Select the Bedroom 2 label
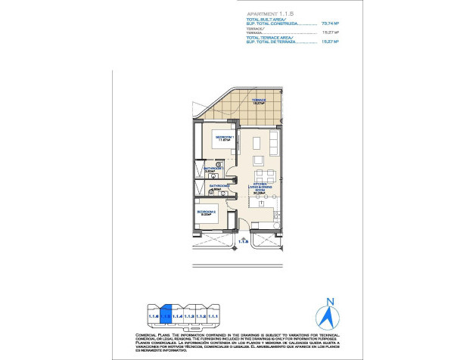click(x=207, y=213)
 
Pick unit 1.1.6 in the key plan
click(x=153, y=315)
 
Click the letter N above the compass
click(x=329, y=303)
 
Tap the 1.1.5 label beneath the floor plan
click(x=244, y=241)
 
